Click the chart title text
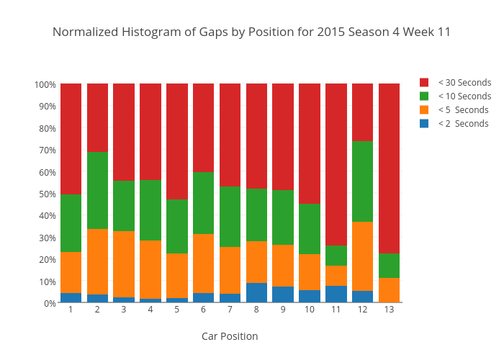[251, 32]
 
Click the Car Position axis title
[230, 336]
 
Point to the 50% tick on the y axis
[45, 194]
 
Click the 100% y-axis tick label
[44, 85]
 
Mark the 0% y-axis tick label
[48, 303]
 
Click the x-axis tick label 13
[390, 310]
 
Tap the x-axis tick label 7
[230, 310]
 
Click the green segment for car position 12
[363, 181]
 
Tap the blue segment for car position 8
[256, 293]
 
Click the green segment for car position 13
[390, 266]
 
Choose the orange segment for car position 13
[390, 290]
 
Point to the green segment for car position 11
[336, 256]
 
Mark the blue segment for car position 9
[283, 294]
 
